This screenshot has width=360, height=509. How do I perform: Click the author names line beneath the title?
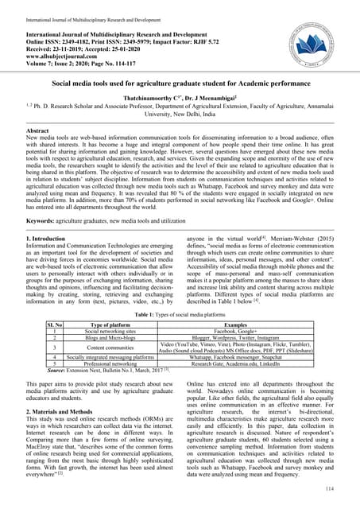click(x=180, y=102)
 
